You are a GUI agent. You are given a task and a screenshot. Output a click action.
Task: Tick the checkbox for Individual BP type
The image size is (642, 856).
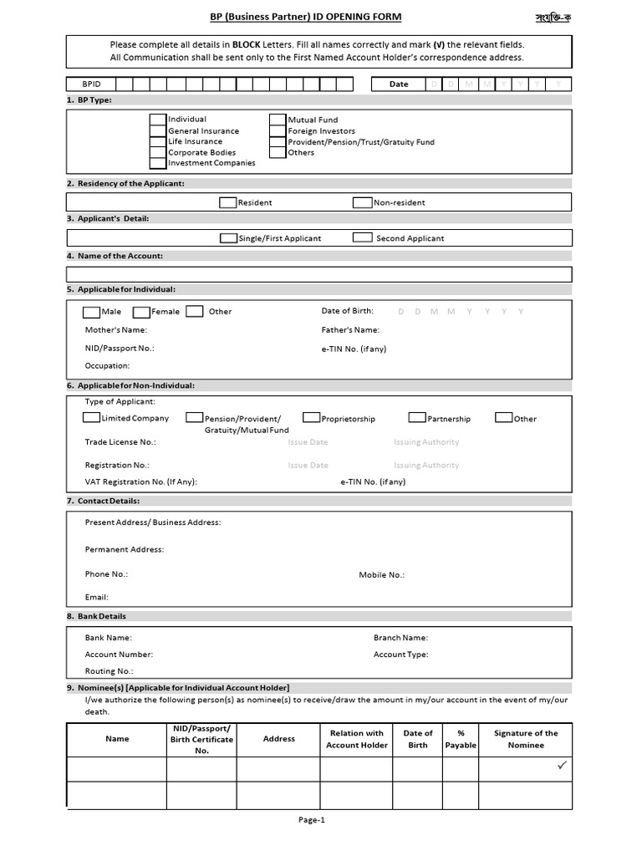(158, 120)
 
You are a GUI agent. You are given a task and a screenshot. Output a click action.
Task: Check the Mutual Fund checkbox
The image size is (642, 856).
(278, 120)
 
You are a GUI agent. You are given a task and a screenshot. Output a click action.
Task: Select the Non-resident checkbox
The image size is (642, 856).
(362, 202)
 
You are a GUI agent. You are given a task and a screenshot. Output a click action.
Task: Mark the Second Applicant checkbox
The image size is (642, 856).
(362, 237)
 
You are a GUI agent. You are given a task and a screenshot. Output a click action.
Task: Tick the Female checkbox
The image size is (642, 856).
(141, 312)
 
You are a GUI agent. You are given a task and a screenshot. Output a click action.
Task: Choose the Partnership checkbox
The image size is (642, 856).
(417, 418)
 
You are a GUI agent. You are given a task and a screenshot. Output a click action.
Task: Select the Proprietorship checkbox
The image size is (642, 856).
(311, 418)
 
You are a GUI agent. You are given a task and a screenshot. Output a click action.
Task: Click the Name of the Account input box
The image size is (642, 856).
(319, 274)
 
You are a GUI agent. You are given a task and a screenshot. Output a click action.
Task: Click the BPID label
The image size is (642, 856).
(90, 84)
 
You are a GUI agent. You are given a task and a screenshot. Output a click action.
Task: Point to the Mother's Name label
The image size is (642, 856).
(115, 330)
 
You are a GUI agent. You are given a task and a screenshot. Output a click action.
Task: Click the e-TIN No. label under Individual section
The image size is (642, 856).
(354, 349)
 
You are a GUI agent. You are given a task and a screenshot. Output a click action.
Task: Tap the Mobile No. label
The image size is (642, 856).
(381, 575)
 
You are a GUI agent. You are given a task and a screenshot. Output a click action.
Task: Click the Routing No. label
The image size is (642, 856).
(109, 671)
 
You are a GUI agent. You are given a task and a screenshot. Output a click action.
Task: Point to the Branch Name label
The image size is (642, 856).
(400, 637)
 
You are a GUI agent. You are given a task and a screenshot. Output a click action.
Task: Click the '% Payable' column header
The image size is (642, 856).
(461, 739)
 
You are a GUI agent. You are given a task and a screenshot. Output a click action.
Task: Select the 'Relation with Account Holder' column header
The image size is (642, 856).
(357, 739)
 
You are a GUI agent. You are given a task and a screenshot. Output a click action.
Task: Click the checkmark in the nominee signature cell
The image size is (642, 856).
(562, 765)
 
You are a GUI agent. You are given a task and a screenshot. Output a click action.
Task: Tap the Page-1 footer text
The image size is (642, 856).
(311, 820)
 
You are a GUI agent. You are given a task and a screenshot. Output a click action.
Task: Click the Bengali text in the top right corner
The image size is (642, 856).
(553, 18)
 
